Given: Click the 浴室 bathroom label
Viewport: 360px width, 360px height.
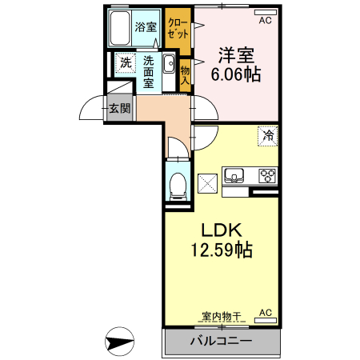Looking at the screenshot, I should [x=145, y=27].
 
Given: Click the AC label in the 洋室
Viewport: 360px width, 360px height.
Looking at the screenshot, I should [x=265, y=21].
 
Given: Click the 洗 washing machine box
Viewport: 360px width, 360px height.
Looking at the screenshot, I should [x=126, y=62].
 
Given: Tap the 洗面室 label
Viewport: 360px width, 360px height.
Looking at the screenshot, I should [x=149, y=70].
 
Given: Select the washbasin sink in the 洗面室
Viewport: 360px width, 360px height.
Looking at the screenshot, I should [x=169, y=66].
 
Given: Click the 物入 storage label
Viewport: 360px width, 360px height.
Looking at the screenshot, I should [x=185, y=74].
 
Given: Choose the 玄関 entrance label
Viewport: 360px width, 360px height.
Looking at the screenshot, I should [x=120, y=108].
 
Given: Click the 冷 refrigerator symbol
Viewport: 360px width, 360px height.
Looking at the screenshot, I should [x=268, y=136].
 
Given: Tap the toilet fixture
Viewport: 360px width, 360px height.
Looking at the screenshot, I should [x=177, y=184].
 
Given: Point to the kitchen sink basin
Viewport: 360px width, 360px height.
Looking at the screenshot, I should [x=236, y=175].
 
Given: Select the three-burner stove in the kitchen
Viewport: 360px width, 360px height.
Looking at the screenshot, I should [x=266, y=175].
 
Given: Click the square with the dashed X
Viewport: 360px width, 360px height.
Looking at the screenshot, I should [x=207, y=182].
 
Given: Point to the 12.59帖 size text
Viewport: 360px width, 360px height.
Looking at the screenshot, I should [x=221, y=250].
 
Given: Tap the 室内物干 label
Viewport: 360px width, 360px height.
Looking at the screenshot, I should [x=215, y=317].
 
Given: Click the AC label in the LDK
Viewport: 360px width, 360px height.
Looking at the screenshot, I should [x=265, y=312].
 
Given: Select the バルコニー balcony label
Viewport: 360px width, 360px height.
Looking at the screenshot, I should [x=221, y=342].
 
